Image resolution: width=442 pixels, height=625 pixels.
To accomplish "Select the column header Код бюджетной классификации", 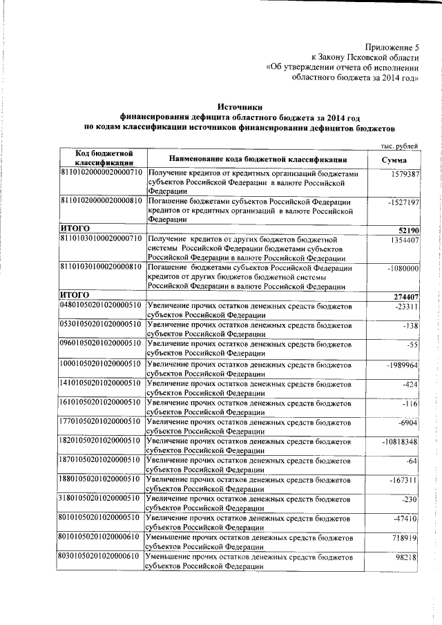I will tap(99, 158).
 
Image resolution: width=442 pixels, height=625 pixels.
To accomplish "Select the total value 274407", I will tap(404, 296).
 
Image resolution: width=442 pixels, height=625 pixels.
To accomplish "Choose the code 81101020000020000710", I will tap(101, 171).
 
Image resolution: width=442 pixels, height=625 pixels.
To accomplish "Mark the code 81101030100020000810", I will tap(101, 267).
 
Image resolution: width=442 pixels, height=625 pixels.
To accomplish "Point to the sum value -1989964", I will tap(401, 364).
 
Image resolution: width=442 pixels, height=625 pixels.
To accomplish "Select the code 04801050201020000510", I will tap(101, 305).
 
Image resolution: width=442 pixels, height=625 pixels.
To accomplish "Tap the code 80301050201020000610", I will tap(101, 556).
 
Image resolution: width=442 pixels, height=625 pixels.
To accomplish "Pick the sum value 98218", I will tap(407, 557).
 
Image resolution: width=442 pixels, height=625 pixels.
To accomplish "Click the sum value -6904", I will tap(405, 422).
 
